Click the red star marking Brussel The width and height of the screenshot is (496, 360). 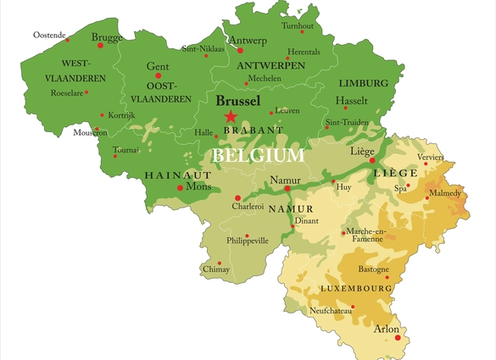(231, 117)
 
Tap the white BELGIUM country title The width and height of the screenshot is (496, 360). (258, 156)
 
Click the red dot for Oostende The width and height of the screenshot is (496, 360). (68, 39)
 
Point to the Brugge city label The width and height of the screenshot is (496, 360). (107, 37)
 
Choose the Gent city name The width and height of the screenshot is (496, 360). (158, 66)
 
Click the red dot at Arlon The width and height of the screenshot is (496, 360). (397, 339)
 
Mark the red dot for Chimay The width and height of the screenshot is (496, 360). (220, 263)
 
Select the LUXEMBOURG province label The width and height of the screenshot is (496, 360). (356, 289)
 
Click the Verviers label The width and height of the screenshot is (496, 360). (430, 158)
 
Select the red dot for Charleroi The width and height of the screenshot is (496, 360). (237, 198)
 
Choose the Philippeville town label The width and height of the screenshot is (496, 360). (248, 241)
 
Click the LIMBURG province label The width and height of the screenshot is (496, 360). (364, 83)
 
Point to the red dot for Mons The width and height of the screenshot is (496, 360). (180, 188)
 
